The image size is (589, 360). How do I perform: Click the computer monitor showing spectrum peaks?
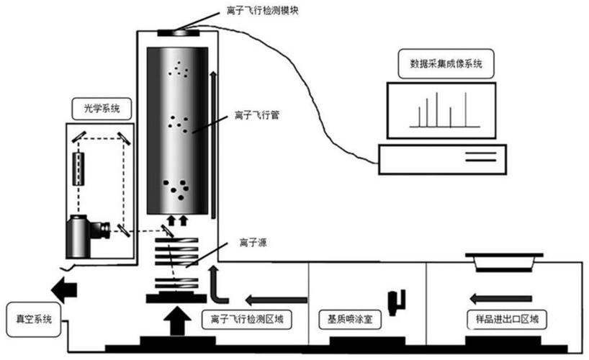(441, 109)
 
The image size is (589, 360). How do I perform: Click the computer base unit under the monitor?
(442, 158)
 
